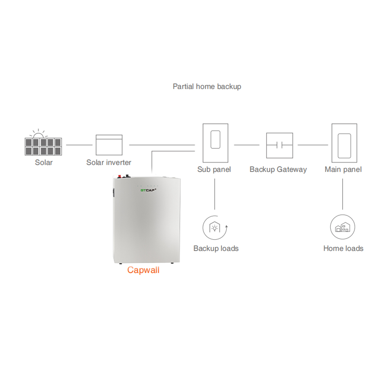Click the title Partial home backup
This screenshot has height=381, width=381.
(207, 86)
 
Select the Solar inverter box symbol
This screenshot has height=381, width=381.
(109, 145)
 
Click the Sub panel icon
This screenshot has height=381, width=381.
(215, 142)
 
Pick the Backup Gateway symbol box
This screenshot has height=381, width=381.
(279, 145)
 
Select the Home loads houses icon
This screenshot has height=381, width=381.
(343, 228)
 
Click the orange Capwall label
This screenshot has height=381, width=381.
(143, 270)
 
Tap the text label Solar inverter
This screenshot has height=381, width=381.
(109, 163)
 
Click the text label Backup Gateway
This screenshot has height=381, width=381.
(278, 170)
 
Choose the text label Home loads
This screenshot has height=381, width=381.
(343, 248)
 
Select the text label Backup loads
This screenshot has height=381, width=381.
(216, 248)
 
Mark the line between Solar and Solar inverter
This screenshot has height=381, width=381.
(79, 145)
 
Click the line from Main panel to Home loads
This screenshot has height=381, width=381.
(343, 194)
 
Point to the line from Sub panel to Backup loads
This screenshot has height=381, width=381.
(215, 194)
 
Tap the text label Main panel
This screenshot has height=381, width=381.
(343, 170)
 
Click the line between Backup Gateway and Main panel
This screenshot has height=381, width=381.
(312, 145)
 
